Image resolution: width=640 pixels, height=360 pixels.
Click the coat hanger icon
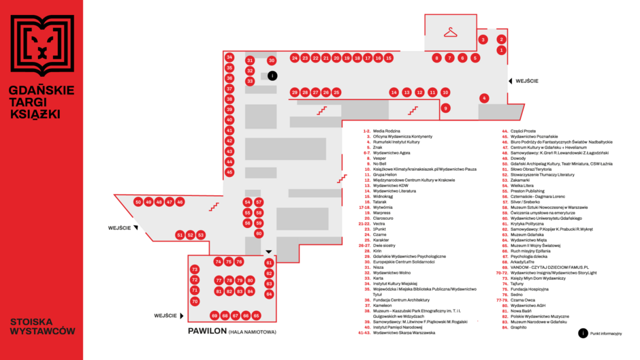(x=450, y=32)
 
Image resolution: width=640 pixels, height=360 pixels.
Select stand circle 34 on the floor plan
(x=229, y=57)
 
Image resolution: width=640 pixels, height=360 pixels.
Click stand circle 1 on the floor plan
(x=502, y=50)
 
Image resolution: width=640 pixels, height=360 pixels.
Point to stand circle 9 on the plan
(x=446, y=108)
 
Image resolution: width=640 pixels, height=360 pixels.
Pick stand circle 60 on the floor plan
(x=259, y=233)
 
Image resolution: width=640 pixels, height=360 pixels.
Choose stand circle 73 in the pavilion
(x=195, y=269)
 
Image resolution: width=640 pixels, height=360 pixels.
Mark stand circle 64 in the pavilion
(x=269, y=294)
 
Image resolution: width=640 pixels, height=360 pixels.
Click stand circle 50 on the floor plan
(x=138, y=202)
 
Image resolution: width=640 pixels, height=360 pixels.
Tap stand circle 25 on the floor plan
(x=336, y=92)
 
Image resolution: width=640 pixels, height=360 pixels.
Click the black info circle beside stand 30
(x=272, y=76)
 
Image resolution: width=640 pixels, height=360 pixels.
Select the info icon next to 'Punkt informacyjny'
(x=582, y=333)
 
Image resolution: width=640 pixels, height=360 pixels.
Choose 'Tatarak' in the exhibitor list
(x=380, y=201)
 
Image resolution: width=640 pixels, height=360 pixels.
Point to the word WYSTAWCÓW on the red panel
(x=42, y=331)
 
